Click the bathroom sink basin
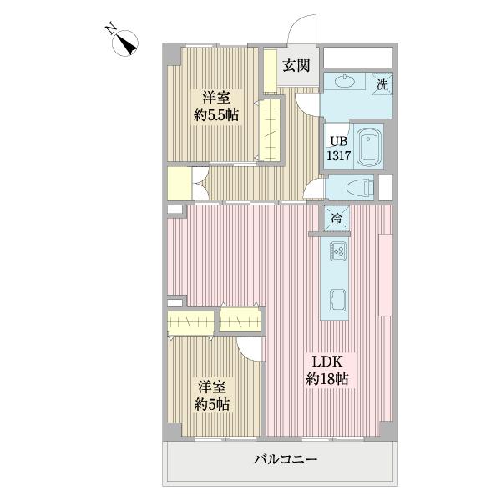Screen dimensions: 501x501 point(343,82)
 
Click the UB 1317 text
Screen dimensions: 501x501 point(337,148)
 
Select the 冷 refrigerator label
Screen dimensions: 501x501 point(337,218)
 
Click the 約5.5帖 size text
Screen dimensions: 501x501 point(216,116)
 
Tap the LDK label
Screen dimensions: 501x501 point(327,362)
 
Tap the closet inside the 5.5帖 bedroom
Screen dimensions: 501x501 point(270,129)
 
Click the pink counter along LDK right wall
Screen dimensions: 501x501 point(385,275)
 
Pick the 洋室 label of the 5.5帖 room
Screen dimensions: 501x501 point(216,97)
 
